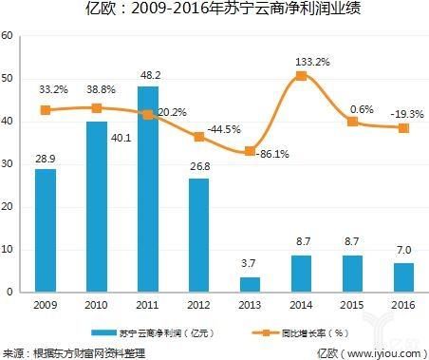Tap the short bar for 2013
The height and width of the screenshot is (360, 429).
[x=250, y=284]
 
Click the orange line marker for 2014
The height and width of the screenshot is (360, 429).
[x=300, y=75]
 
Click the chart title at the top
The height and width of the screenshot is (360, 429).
[x=214, y=11]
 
